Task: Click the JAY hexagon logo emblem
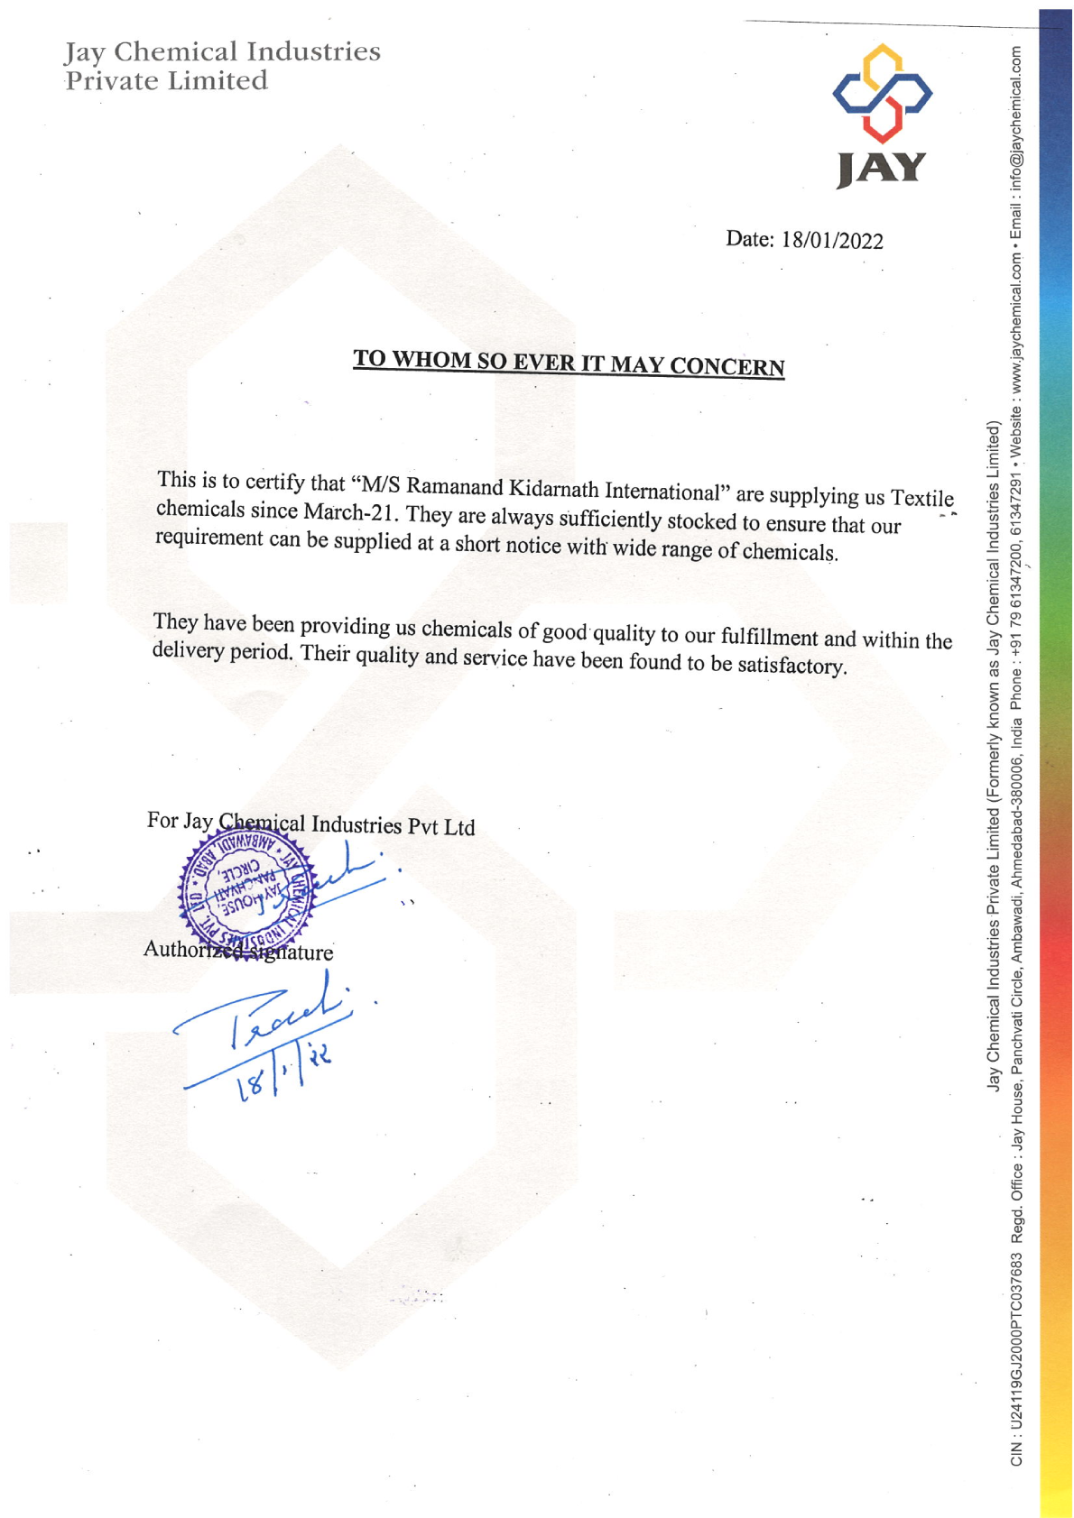[x=881, y=93]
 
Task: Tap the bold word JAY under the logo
[x=881, y=169]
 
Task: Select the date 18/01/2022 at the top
[x=832, y=240]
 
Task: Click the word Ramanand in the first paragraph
[x=455, y=486]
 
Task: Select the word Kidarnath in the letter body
[x=553, y=489]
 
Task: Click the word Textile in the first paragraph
[x=921, y=498]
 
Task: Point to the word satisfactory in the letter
[x=792, y=666]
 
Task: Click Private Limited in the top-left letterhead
[x=166, y=81]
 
